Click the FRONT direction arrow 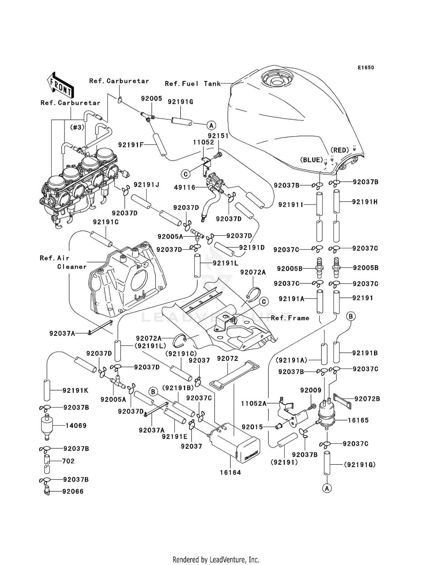click(x=60, y=86)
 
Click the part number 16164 click(x=230, y=473)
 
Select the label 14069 click(x=76, y=426)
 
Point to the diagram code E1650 click(x=366, y=68)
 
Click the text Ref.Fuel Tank click(x=193, y=84)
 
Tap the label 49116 click(x=185, y=188)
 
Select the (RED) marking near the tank click(x=340, y=150)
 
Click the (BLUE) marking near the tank click(x=312, y=160)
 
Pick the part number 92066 click(x=73, y=492)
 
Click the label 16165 click(x=358, y=420)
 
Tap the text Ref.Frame click(x=290, y=318)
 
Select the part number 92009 click(x=311, y=390)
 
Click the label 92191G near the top click(x=180, y=102)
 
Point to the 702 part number click(x=68, y=461)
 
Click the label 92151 click(x=218, y=136)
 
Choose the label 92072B click(x=367, y=399)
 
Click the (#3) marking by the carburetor click(x=77, y=127)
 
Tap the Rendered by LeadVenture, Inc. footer click(x=216, y=560)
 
